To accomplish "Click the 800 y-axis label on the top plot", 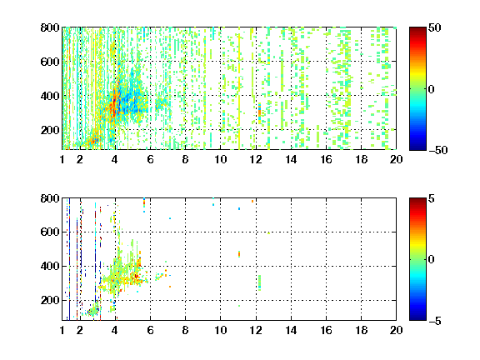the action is point(50,27).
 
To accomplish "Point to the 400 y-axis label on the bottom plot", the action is point(50,266).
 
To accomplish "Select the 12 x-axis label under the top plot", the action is point(256,159).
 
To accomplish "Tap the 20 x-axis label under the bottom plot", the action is point(396,330).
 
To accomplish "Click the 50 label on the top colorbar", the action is point(435,27).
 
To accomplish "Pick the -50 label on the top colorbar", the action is point(438,150).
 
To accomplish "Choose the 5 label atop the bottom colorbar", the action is point(432,198).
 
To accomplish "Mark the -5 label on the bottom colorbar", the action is point(435,321).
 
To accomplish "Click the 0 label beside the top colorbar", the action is point(432,89).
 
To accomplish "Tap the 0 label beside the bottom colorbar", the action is point(432,260).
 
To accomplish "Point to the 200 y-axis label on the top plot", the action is point(50,130).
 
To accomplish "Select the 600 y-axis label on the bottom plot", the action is point(50,232).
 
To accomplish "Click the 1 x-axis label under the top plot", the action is point(62,159).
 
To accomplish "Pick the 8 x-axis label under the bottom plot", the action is point(185,330).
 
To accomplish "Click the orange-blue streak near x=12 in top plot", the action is point(260,113).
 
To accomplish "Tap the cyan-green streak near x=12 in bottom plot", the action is point(260,282).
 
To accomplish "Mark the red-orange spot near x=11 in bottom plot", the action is point(239,254).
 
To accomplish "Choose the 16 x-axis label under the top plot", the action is point(326,159).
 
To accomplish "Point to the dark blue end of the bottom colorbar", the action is point(417,318).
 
